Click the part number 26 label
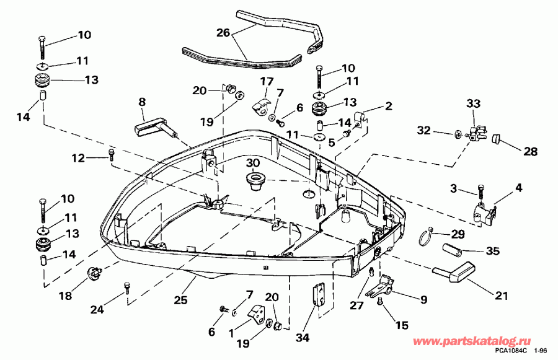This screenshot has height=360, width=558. (x=223, y=33)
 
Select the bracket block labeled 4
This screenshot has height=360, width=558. (x=485, y=214)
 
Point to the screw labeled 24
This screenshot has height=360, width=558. (x=126, y=288)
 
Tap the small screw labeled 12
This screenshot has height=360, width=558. (x=111, y=155)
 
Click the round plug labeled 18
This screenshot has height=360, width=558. (x=94, y=273)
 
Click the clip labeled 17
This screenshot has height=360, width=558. (x=261, y=107)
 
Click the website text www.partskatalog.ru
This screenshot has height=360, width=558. (x=472, y=341)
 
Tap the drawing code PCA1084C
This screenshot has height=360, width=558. (x=511, y=351)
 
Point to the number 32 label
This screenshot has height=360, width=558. (x=424, y=131)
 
